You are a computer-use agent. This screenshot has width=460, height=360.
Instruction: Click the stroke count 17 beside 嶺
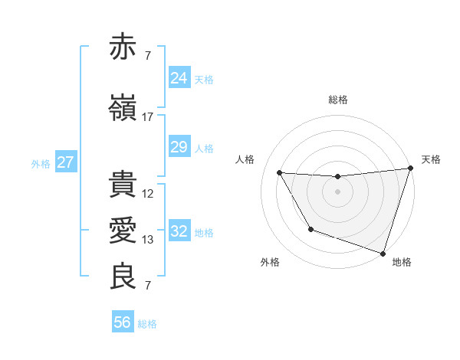pyautogui.click(x=148, y=116)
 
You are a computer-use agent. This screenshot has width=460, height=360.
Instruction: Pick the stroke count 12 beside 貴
pyautogui.click(x=148, y=194)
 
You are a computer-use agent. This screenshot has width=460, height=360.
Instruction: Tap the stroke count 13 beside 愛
pyautogui.click(x=148, y=240)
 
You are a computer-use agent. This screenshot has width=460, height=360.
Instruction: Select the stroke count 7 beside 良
pyautogui.click(x=148, y=286)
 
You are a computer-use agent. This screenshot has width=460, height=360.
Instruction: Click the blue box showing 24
pyautogui.click(x=179, y=78)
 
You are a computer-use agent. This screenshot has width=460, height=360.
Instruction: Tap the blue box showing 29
pyautogui.click(x=179, y=147)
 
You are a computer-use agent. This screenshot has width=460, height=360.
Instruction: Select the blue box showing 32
pyautogui.click(x=179, y=231)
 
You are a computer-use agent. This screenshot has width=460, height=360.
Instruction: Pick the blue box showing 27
pyautogui.click(x=65, y=162)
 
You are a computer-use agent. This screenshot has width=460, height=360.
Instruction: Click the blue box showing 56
pyautogui.click(x=123, y=322)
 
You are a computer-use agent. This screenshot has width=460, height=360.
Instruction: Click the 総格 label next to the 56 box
pyautogui.click(x=148, y=324)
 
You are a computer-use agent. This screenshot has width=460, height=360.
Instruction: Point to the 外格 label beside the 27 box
pyautogui.click(x=41, y=163)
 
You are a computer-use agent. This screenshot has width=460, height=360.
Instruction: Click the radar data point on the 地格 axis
pyautogui.click(x=383, y=253)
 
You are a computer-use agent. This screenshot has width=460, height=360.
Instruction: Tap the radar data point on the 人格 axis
pyautogui.click(x=279, y=173)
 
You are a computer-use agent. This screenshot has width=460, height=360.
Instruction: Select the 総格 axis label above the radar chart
pyautogui.click(x=337, y=100)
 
